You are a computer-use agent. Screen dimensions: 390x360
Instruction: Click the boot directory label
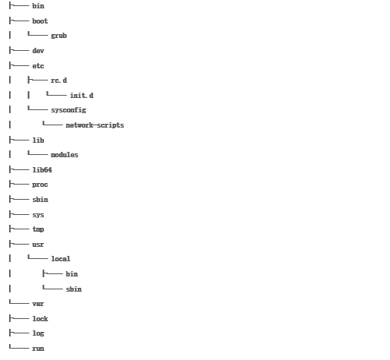pos(40,21)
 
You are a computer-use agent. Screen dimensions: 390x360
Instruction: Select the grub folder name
pos(58,36)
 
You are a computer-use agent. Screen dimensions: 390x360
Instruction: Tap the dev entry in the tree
pos(38,51)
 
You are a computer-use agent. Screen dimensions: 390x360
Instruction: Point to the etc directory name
pos(38,66)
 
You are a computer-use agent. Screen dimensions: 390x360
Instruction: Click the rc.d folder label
pos(59,81)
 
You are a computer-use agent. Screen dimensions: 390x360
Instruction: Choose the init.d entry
pos(82,95)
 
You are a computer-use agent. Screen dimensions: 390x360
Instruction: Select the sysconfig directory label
pos(68,110)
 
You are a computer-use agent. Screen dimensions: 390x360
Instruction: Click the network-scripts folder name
pos(95,125)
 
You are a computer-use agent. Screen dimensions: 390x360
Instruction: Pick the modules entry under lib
pos(64,155)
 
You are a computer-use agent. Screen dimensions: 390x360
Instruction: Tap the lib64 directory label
pos(42,169)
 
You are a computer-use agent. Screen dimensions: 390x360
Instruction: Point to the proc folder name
pos(40,185)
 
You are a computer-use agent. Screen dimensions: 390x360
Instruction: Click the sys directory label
pos(38,215)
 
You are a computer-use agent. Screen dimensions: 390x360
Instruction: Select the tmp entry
pos(38,229)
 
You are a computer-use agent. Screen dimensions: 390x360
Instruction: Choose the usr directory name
pos(38,245)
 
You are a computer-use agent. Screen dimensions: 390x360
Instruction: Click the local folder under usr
pos(61,259)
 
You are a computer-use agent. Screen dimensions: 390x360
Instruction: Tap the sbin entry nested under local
pos(74,289)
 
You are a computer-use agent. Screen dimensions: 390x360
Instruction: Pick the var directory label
pos(38,304)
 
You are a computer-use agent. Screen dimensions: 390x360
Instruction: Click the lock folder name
pos(40,318)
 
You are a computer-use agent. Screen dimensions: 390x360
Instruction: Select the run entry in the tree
pos(38,349)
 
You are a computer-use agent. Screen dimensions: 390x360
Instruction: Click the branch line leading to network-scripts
pos(52,125)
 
